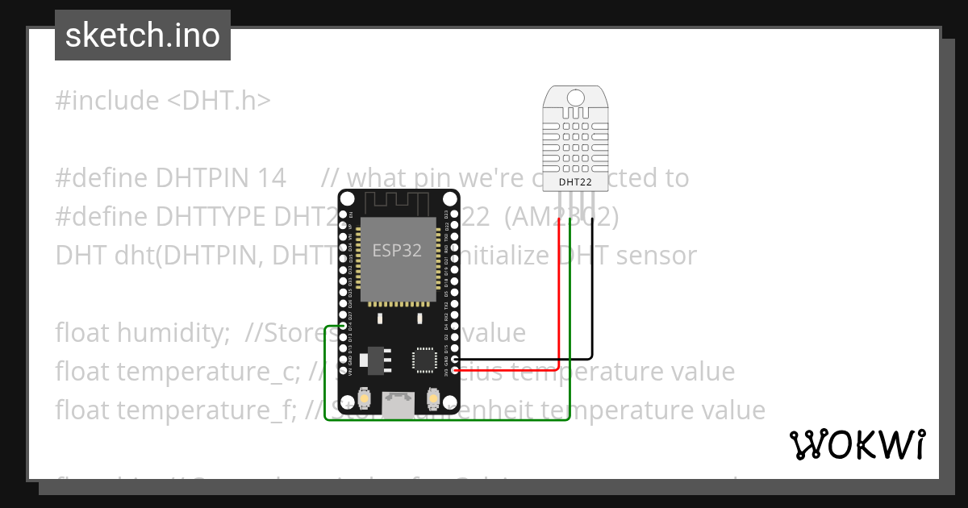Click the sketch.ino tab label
pyautogui.click(x=143, y=35)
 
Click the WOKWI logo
pyautogui.click(x=857, y=444)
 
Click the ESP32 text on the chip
pyautogui.click(x=397, y=250)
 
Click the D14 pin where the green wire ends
pyautogui.click(x=344, y=326)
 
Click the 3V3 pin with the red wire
pyautogui.click(x=456, y=370)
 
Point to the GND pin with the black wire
pyautogui.click(x=456, y=360)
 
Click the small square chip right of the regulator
pyautogui.click(x=425, y=360)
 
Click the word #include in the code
pyautogui.click(x=107, y=101)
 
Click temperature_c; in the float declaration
pyautogui.click(x=210, y=372)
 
